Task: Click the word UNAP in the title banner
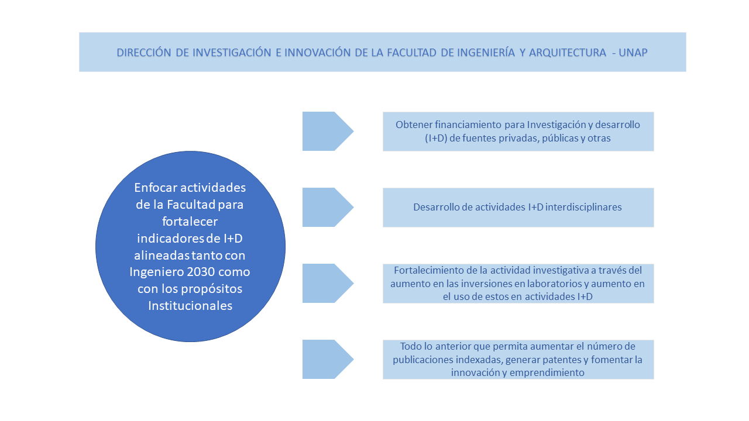pos(633,53)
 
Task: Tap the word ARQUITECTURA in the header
pos(568,53)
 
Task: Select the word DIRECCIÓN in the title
pos(144,53)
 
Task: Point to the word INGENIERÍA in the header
pos(486,53)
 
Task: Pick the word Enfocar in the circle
pos(156,188)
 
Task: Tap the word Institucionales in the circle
pos(190,305)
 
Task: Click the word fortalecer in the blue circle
pos(190,221)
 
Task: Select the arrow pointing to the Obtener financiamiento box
pos(328,132)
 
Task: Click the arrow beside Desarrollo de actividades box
pos(328,207)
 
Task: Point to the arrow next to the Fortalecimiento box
pos(328,284)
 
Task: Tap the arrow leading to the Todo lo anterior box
pos(328,359)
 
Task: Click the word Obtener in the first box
pos(414,125)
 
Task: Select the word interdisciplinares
pos(583,207)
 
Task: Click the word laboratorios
pos(554,284)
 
